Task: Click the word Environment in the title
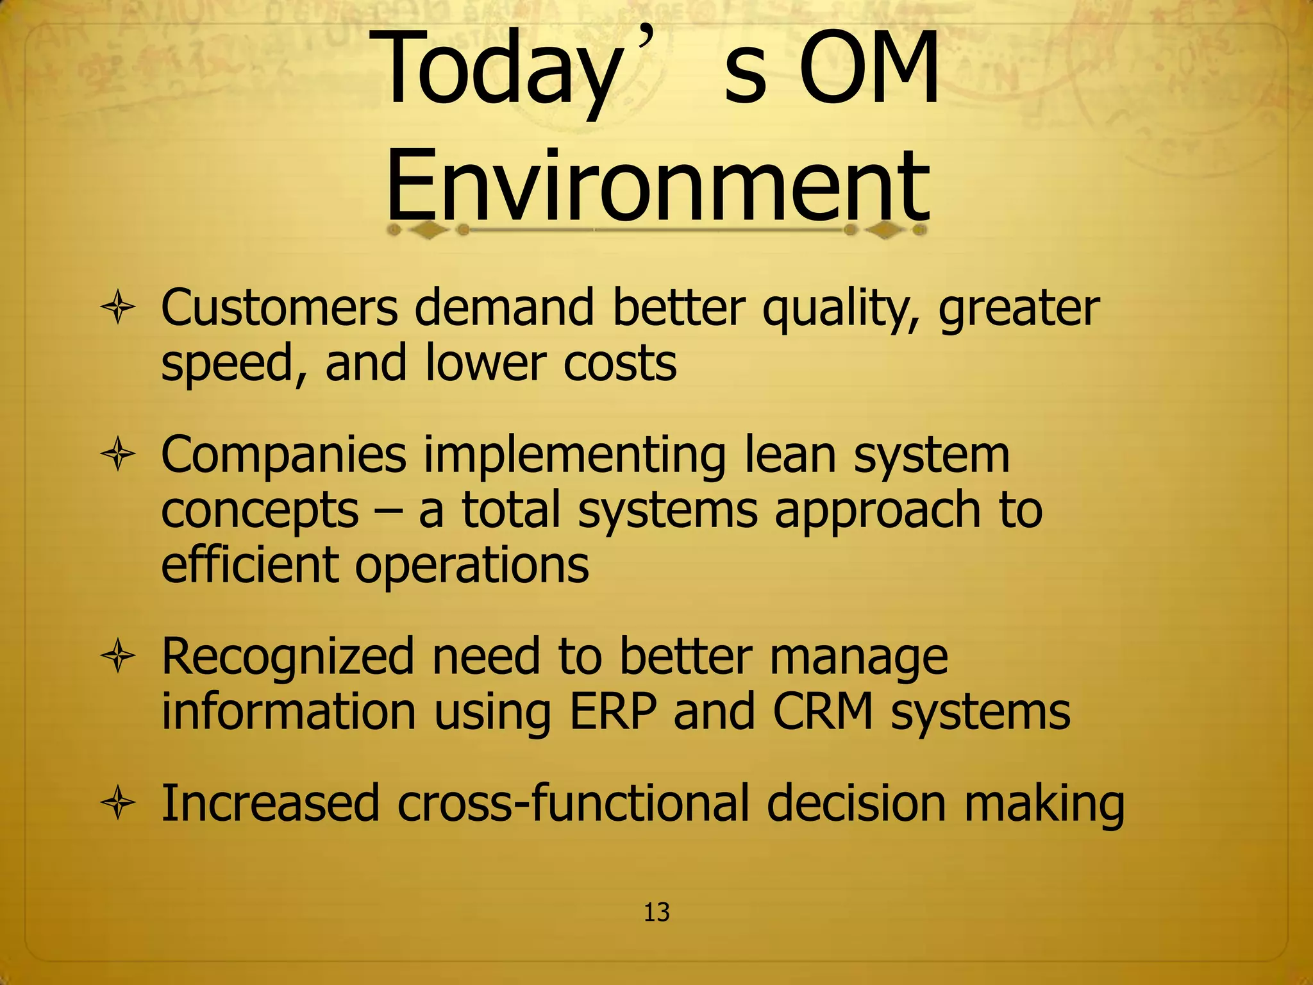pos(657,186)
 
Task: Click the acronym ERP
pos(613,712)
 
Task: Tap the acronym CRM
pos(823,712)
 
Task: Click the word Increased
pos(270,803)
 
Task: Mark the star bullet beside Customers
pos(118,309)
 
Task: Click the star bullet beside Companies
pos(118,455)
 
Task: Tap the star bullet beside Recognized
pos(118,657)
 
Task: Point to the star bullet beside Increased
pos(118,804)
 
